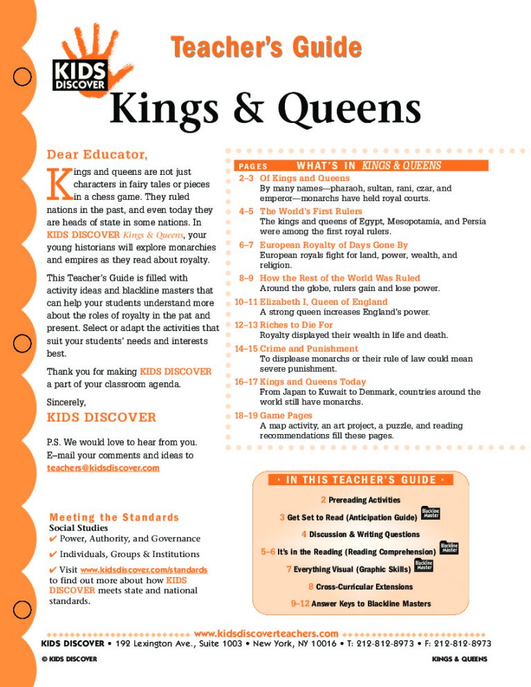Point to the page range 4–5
(x=246, y=211)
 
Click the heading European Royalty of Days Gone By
(x=334, y=245)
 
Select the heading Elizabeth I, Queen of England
(x=324, y=301)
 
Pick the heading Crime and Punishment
(x=308, y=348)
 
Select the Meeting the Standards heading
(x=114, y=517)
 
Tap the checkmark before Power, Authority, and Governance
(x=53, y=538)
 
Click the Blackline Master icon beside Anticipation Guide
(x=431, y=514)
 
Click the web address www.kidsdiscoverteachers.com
(x=266, y=633)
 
